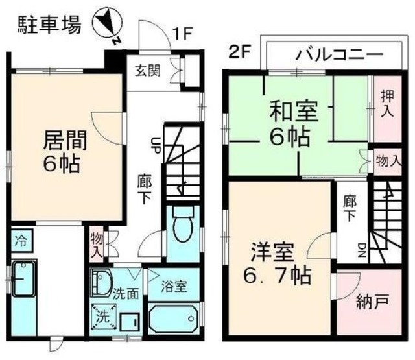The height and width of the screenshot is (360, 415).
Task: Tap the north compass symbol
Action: (108, 26)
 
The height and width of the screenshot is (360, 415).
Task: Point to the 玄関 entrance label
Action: (150, 69)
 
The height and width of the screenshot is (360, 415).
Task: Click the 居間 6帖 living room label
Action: (64, 150)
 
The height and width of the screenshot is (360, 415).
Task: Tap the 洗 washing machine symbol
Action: (102, 318)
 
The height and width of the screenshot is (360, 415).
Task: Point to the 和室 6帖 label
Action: (293, 124)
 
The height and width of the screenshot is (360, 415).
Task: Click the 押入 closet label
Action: (385, 104)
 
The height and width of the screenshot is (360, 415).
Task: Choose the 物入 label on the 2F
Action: (388, 160)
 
